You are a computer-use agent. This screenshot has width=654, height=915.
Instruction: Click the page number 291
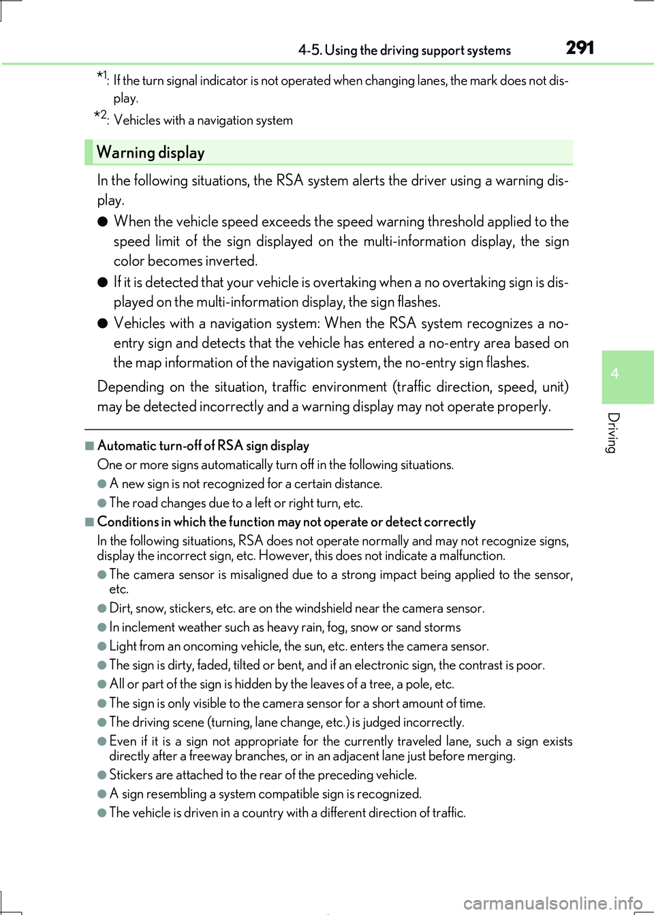click(x=580, y=48)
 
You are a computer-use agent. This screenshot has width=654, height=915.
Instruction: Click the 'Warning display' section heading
click(x=151, y=153)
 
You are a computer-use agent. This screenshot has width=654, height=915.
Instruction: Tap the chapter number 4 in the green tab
click(x=614, y=373)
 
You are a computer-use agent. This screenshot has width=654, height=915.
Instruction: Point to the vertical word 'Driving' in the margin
click(x=613, y=432)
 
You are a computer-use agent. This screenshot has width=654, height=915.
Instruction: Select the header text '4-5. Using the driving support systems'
click(x=404, y=50)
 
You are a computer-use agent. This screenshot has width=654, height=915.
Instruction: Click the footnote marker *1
click(x=102, y=76)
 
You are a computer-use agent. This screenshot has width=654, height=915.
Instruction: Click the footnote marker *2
click(x=101, y=116)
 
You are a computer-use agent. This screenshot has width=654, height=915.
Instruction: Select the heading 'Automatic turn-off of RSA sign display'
click(x=203, y=446)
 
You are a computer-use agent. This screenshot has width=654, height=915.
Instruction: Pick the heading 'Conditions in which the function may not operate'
click(x=286, y=522)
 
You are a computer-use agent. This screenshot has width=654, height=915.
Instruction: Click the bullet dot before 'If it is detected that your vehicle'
click(x=102, y=282)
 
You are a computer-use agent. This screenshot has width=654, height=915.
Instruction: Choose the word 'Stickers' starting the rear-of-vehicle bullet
click(x=131, y=775)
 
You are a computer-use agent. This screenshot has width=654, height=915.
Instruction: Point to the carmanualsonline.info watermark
click(x=552, y=903)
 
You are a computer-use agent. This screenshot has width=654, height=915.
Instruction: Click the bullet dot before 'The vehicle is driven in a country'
click(x=102, y=813)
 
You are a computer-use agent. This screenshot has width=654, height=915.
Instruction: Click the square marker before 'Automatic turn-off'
click(x=89, y=446)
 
